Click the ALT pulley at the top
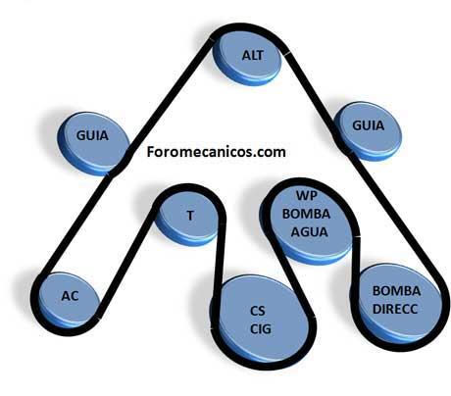point(247,58)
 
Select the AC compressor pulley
point(69,300)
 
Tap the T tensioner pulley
point(187,219)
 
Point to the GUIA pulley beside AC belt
point(94,143)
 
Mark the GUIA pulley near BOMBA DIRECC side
point(368,130)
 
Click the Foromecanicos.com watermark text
point(216,152)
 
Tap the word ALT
point(252,55)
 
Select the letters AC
point(70,296)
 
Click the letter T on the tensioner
point(190,216)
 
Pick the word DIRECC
point(395,309)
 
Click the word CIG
point(261,328)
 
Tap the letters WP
point(307,195)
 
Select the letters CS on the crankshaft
point(258,311)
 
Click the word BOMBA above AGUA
point(306,214)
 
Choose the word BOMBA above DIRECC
point(396,291)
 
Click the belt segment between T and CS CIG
point(219,258)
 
